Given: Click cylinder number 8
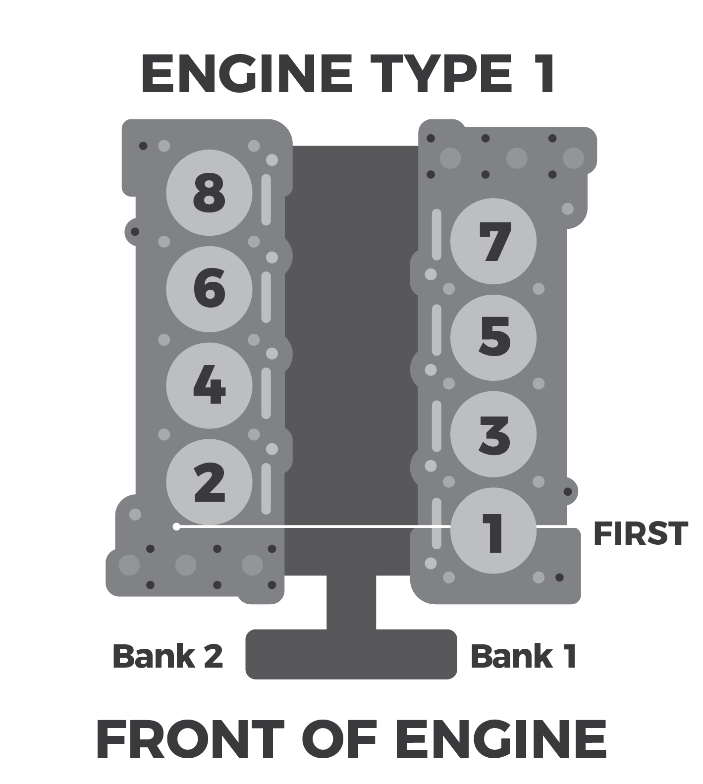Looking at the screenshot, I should (x=209, y=193).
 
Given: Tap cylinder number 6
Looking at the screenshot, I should (x=209, y=289).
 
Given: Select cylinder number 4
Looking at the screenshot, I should (x=209, y=385).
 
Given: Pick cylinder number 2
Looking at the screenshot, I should (x=209, y=482).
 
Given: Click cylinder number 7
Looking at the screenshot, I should (x=493, y=242).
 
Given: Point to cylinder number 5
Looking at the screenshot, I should (x=493, y=338).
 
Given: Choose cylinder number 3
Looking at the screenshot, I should (x=493, y=434).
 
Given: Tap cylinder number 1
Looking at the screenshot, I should (x=493, y=532).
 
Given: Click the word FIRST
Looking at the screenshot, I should (x=640, y=534).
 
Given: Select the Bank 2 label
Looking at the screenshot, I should (x=168, y=656).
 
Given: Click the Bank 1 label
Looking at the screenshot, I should (x=523, y=656).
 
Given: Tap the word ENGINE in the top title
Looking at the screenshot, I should (x=247, y=74).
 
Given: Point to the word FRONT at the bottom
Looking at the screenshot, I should (x=190, y=739).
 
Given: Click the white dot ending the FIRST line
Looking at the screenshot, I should (x=176, y=526).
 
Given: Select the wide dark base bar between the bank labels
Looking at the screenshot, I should (x=351, y=654).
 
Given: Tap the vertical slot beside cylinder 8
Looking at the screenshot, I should (x=266, y=199).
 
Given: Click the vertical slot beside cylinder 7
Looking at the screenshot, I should (x=436, y=235).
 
